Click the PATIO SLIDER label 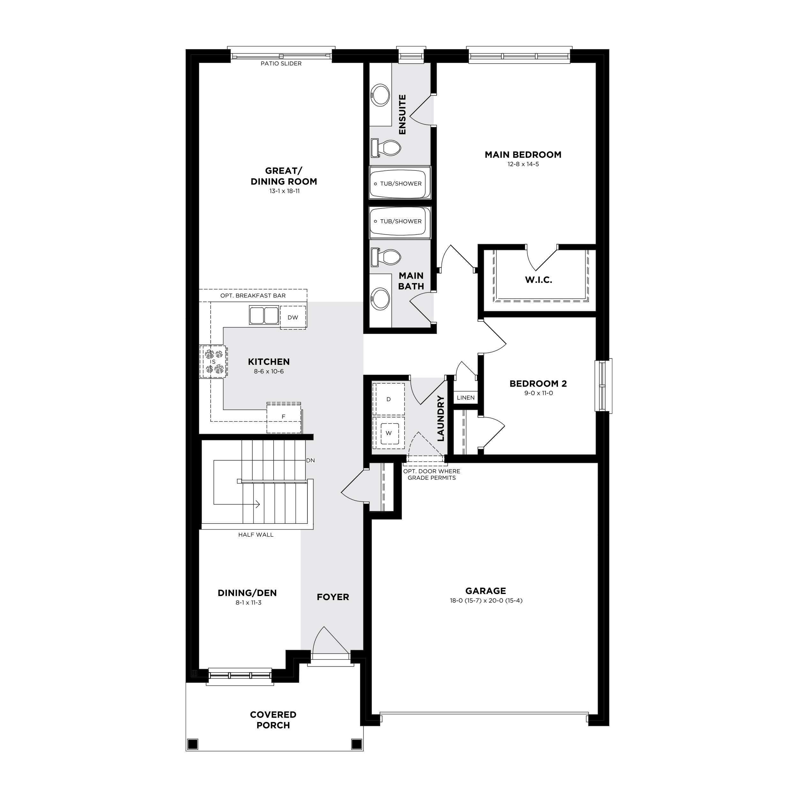(281, 64)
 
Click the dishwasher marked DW (293, 317)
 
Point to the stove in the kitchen (213, 361)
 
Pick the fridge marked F (284, 417)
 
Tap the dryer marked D (388, 399)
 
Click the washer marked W (388, 433)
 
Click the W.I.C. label (538, 280)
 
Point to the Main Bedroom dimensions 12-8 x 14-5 (523, 164)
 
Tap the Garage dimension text (486, 600)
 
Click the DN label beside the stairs (311, 460)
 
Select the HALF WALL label (256, 534)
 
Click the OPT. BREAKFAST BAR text (253, 295)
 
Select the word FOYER (333, 597)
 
